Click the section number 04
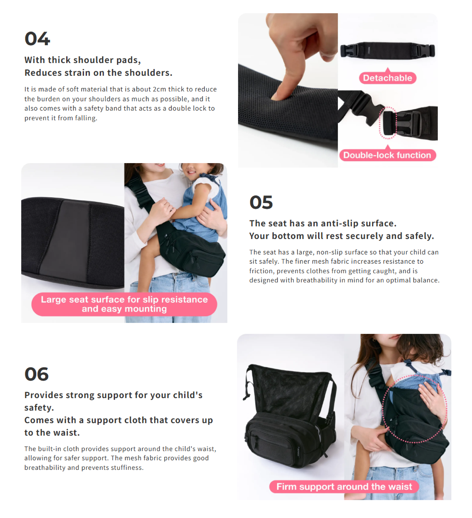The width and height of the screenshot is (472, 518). click(37, 39)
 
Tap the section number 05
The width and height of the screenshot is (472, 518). click(261, 202)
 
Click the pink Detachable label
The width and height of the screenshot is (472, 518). click(388, 78)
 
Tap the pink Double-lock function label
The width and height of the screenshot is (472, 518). click(388, 155)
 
